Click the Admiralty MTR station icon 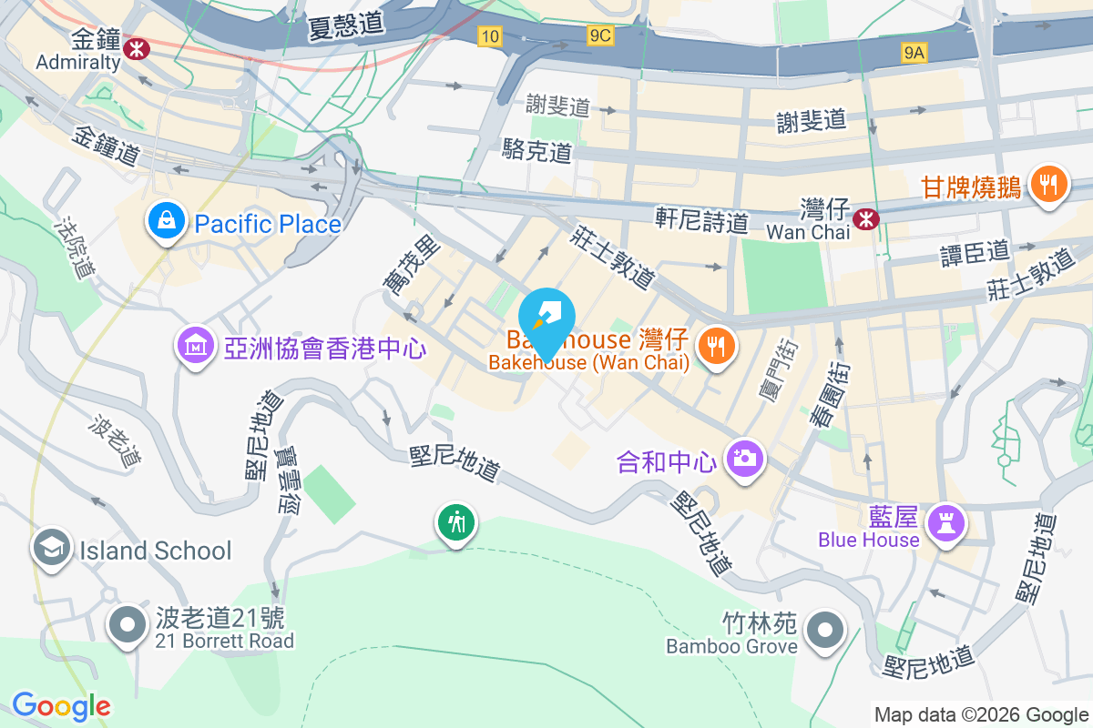click(138, 45)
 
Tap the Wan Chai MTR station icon click(865, 217)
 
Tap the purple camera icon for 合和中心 click(745, 458)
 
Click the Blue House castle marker click(945, 522)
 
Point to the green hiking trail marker click(455, 523)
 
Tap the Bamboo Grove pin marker click(826, 629)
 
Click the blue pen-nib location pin click(546, 318)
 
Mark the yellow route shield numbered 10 click(490, 35)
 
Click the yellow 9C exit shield click(600, 35)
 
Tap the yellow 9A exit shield click(914, 53)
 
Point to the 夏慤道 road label click(346, 25)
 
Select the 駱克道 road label click(537, 151)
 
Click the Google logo click(61, 706)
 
